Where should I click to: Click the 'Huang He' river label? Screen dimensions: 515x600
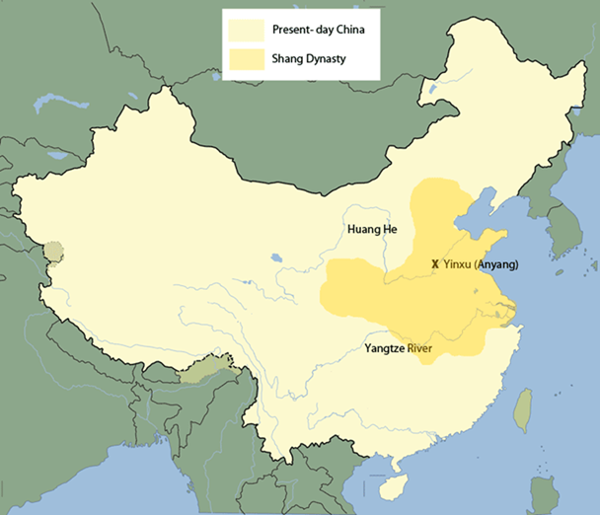pos(372,230)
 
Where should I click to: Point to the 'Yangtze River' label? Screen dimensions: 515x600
pos(403,347)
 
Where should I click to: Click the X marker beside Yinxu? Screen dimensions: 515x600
pos(435,264)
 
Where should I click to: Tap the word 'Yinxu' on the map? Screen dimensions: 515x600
pos(459,264)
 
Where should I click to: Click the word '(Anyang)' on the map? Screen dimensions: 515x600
pos(498,264)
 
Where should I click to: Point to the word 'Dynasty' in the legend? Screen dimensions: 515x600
pos(326,59)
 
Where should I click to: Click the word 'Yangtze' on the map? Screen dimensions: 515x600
pos(385,347)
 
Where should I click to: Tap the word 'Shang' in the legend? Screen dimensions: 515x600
pos(288,59)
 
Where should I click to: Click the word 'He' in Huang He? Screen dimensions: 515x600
pos(390,230)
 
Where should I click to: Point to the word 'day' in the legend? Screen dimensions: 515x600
pos(325,29)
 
